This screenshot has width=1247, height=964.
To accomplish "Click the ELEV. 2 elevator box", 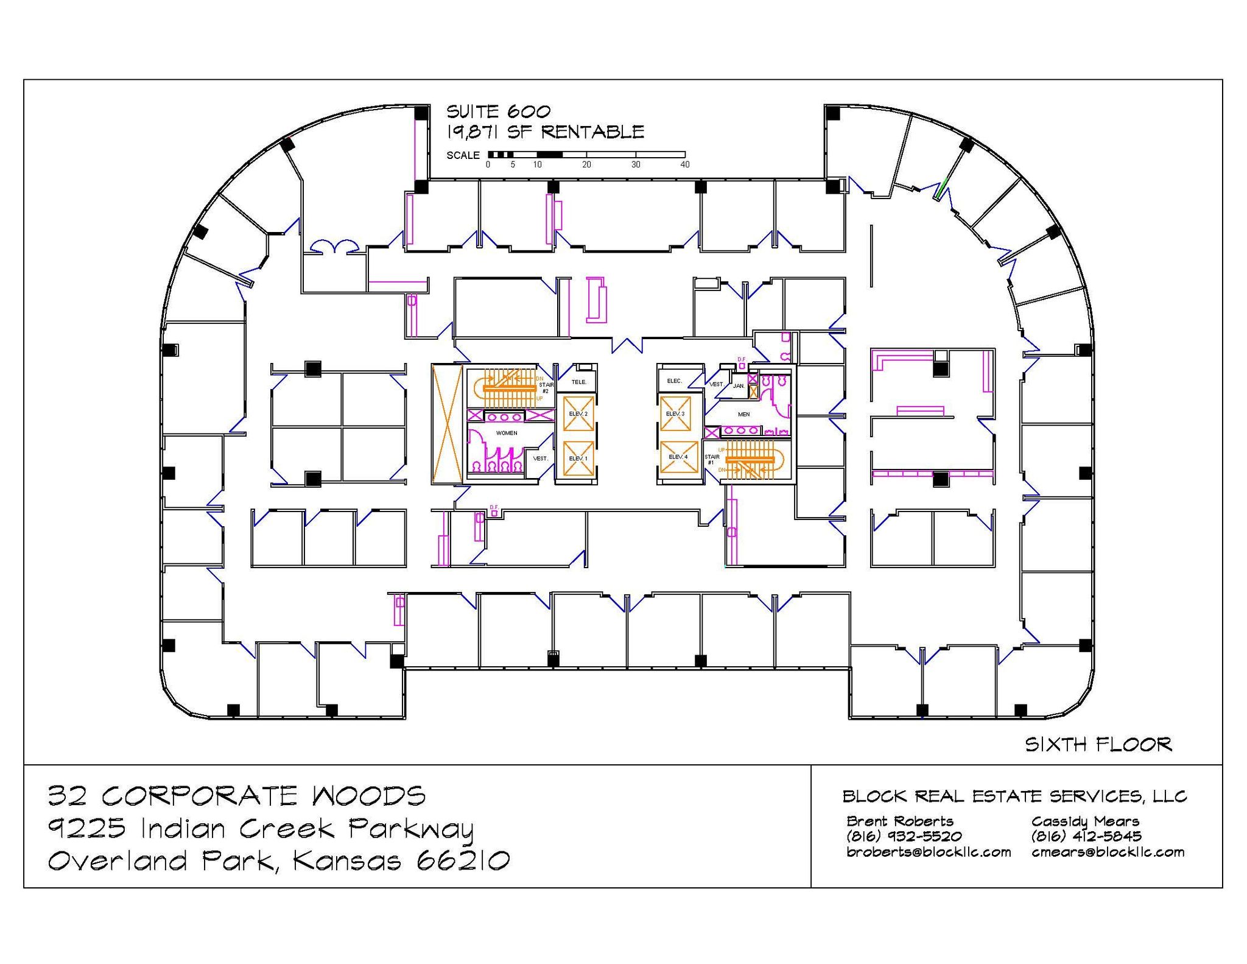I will pos(578,413).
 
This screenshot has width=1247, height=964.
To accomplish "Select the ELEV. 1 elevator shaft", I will pos(578,458).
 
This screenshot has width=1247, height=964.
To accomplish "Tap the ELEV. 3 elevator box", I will pos(675,413).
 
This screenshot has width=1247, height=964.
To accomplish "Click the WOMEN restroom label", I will pos(507,433).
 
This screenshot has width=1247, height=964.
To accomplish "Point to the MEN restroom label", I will pos(743,414).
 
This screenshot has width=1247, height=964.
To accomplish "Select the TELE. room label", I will pos(579,382).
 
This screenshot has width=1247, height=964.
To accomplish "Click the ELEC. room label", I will pos(675,381).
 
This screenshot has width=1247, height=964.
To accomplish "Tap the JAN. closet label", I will pos(739,386).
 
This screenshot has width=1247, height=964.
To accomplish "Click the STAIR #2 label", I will pos(546,388).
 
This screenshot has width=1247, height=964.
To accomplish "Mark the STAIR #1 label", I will pos(711,459).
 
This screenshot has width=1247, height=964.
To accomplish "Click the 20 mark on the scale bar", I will pos(586,164).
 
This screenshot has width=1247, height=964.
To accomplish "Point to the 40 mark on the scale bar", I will pos(684,164).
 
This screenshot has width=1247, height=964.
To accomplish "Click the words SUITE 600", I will pos(498,111).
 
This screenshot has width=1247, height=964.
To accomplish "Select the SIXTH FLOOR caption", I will pos(1098,744).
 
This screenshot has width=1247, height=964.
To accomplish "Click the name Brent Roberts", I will pos(899,821).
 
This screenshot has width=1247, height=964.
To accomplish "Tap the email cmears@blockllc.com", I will pos(1108,852).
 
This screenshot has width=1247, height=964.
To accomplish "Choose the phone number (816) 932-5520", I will pos(904,836).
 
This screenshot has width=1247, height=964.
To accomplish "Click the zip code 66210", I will pos(463,860).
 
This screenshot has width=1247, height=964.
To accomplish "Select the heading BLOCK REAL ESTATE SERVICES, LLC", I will pos(1014,796).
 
